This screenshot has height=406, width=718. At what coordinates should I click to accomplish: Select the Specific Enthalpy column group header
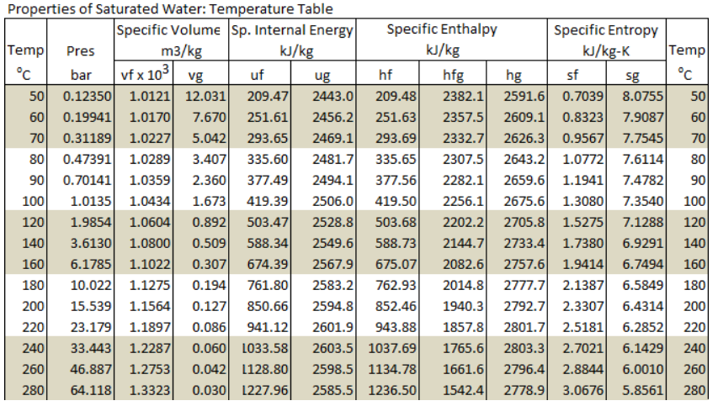click(x=441, y=29)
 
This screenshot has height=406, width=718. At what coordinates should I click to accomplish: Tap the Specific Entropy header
click(x=605, y=29)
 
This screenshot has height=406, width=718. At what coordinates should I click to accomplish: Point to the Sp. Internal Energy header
click(x=291, y=29)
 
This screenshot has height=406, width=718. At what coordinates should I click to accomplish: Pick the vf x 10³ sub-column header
click(x=146, y=74)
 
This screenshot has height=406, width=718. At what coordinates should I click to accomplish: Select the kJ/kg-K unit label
click(x=605, y=51)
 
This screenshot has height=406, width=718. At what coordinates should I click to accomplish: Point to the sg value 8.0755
click(x=641, y=96)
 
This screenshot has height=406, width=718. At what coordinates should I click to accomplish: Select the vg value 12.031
click(x=205, y=96)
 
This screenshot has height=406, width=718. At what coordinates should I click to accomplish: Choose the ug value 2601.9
click(x=333, y=328)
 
